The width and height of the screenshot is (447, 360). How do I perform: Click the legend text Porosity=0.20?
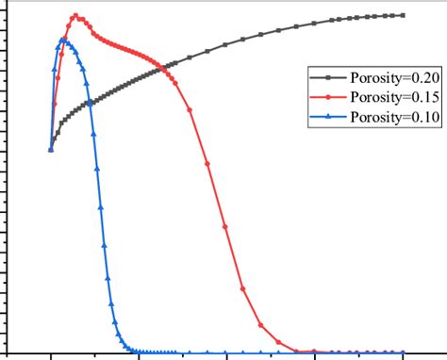384,77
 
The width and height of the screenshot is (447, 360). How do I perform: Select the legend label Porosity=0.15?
384,97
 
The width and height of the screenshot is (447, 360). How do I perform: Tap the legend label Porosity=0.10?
384,117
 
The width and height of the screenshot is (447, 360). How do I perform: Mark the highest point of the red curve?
76,16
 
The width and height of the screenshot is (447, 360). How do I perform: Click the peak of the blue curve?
62,40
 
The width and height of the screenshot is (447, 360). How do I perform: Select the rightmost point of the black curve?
404,15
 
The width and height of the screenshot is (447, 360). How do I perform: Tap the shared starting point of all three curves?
51,149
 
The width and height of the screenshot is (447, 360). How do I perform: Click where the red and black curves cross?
166,67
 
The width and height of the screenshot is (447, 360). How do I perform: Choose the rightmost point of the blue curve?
404,352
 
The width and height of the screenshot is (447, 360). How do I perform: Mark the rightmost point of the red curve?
404,352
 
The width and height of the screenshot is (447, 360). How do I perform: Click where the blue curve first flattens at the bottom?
138,351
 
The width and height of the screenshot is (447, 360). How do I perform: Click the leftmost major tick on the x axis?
51,356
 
